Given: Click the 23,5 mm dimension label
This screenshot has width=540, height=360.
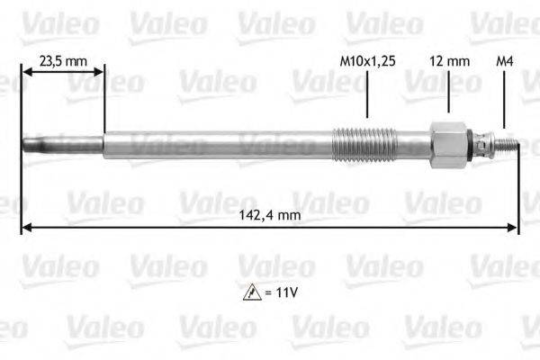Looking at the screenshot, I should click(62, 62).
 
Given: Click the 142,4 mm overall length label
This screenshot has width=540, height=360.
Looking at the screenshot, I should click(271, 216).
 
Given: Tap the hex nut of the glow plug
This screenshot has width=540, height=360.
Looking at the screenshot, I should click(447, 145).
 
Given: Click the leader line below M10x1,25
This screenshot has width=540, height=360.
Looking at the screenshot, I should click(367, 94).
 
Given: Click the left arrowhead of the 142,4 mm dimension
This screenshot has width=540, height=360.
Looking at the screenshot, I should click(25, 229).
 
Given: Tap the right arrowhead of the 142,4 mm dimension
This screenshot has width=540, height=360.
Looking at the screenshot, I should click(514, 229).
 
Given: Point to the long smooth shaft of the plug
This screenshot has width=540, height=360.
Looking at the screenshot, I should click(216, 145).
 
